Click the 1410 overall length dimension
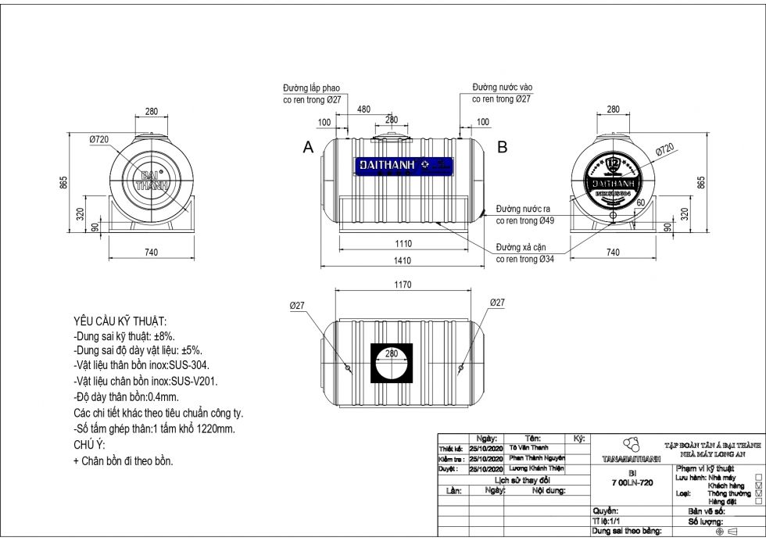pos(403,260)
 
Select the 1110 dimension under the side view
pos(403,244)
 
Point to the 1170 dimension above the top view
pos(403,285)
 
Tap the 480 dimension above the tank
pos(363,109)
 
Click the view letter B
pos(503,146)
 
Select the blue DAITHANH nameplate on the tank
pos(404,165)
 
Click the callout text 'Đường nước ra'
pos(522,210)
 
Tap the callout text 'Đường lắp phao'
pos(311,88)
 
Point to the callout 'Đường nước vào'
pos(503,88)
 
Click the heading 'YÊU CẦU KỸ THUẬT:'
pos(120,322)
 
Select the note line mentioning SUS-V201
pos(145,382)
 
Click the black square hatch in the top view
pos(391,363)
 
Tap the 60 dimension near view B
pos(640,202)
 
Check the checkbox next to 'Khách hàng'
pos(758,485)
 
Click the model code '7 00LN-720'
pos(632,483)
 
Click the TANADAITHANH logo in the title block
pos(632,450)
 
